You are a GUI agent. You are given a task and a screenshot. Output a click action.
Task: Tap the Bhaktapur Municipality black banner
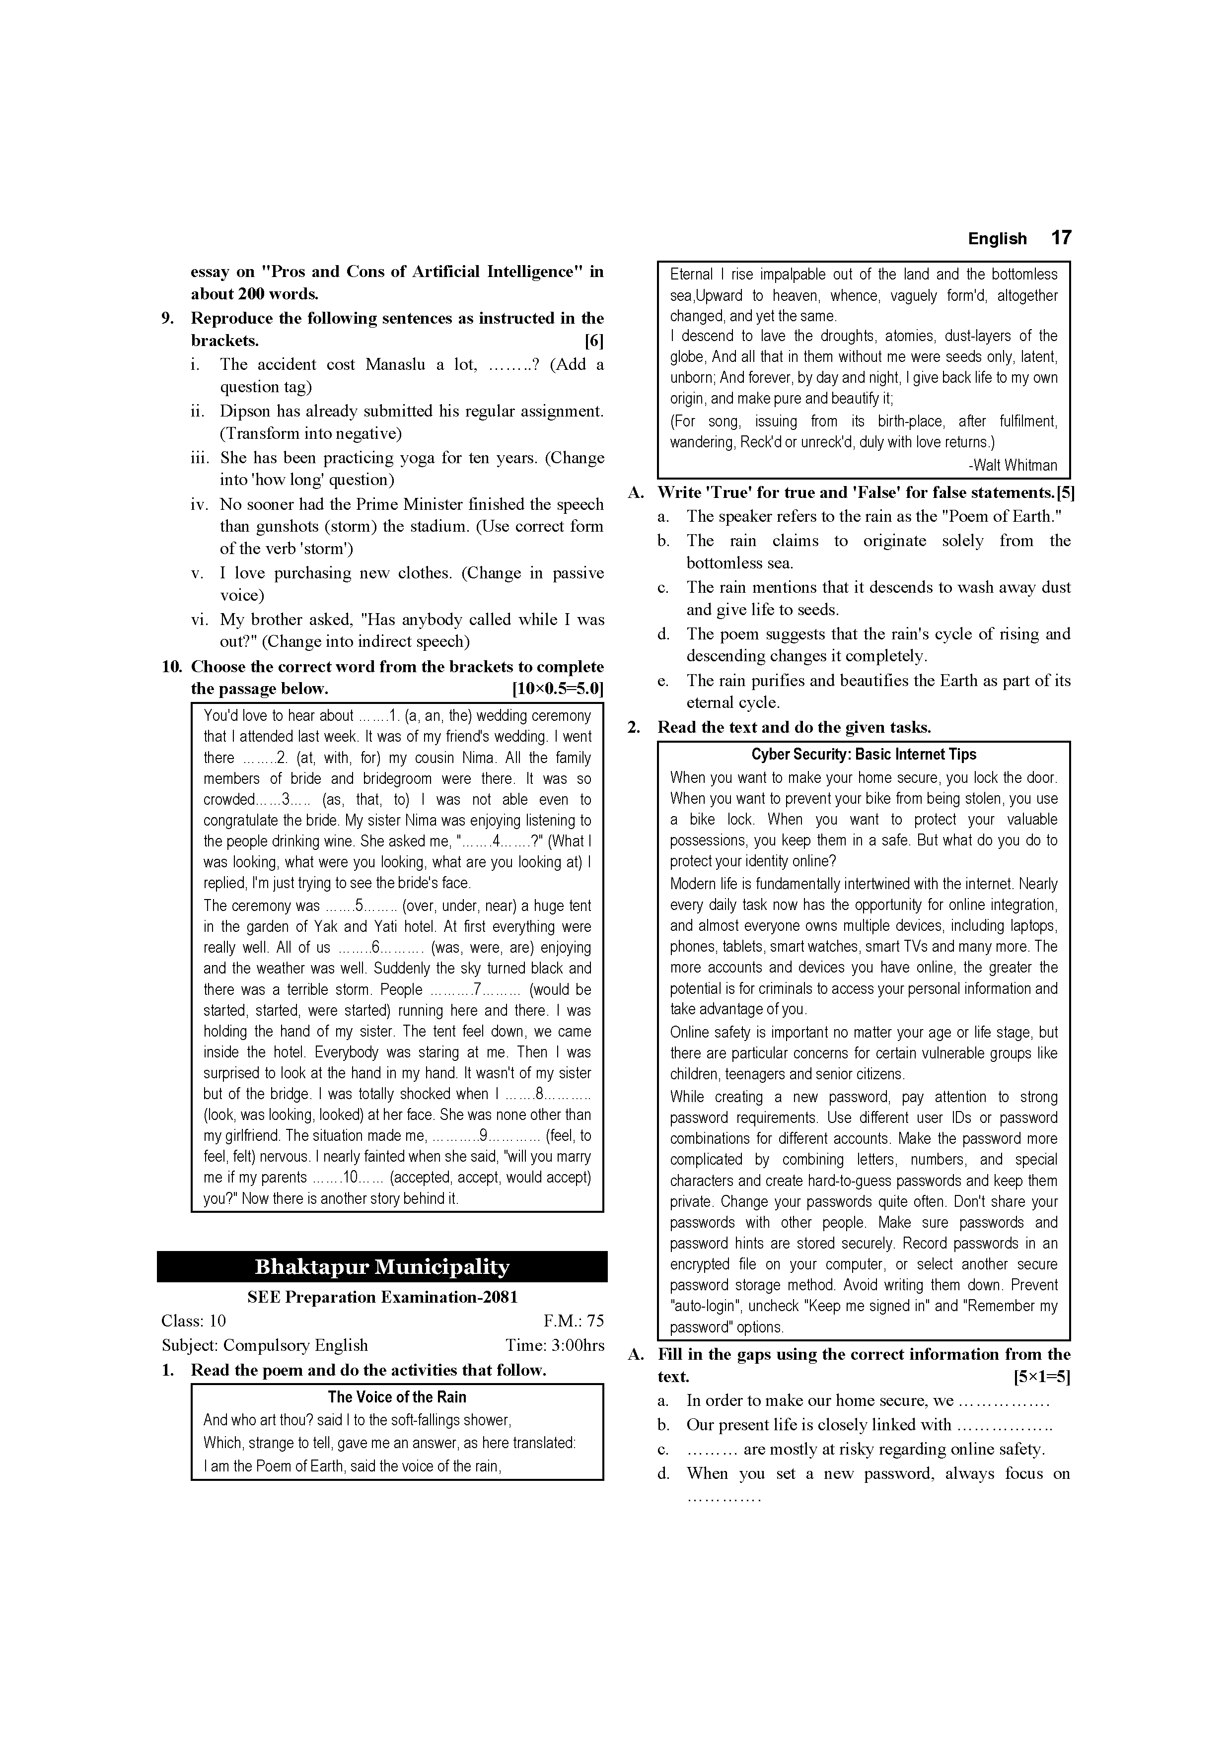(x=382, y=1267)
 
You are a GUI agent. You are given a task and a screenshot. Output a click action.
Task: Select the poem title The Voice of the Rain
(x=397, y=1397)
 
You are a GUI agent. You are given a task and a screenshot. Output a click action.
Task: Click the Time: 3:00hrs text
(x=555, y=1345)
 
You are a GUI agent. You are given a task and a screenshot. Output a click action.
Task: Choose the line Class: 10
(x=194, y=1321)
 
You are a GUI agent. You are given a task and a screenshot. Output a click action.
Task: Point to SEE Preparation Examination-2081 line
(x=382, y=1297)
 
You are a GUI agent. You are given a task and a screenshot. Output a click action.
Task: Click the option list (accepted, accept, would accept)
(x=490, y=1178)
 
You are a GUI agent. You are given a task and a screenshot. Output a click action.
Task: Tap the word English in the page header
(x=997, y=238)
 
